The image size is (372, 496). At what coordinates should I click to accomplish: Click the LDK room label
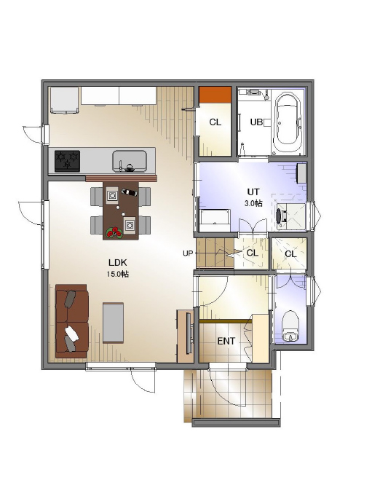[x=117, y=262]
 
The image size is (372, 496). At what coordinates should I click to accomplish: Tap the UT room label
[x=253, y=192]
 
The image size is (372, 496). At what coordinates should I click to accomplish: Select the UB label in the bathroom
[x=256, y=122]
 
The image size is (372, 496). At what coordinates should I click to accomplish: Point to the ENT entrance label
[x=226, y=341]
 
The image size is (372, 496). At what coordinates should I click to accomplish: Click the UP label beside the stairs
[x=188, y=253]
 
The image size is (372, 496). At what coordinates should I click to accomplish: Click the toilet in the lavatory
[x=290, y=326]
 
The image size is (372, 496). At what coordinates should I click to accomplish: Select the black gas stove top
[x=67, y=161]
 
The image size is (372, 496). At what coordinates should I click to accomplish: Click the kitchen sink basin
[x=130, y=161]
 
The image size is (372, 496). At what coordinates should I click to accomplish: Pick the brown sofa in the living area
[x=72, y=320]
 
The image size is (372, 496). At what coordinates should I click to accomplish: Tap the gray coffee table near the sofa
[x=113, y=323]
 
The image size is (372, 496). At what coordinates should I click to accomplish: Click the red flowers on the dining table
[x=114, y=232]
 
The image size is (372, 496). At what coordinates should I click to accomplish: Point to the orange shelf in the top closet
[x=215, y=95]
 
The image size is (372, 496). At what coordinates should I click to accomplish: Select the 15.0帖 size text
[x=117, y=274]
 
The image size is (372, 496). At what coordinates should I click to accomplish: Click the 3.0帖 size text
[x=253, y=203]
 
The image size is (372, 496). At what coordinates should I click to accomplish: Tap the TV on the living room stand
[x=189, y=333]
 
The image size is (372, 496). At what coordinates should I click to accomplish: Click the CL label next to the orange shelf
[x=215, y=122]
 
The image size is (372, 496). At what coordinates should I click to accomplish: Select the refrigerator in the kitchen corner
[x=65, y=100]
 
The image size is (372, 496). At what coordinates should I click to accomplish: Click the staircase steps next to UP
[x=215, y=253]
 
